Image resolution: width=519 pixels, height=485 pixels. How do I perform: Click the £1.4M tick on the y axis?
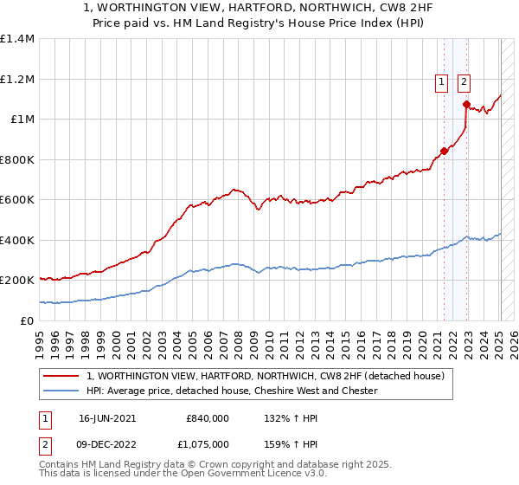click(x=17, y=39)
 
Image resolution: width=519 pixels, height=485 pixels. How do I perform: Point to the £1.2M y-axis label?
click(x=17, y=79)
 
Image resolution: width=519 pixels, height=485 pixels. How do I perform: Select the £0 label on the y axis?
click(x=26, y=320)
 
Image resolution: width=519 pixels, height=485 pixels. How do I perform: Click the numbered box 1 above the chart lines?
click(x=441, y=82)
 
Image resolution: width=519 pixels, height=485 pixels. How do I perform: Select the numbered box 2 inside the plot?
click(x=464, y=82)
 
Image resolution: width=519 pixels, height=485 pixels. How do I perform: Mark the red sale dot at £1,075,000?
click(x=466, y=105)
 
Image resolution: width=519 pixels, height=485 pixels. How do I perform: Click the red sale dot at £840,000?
click(x=445, y=151)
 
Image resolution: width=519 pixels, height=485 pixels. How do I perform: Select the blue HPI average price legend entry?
click(x=231, y=391)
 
